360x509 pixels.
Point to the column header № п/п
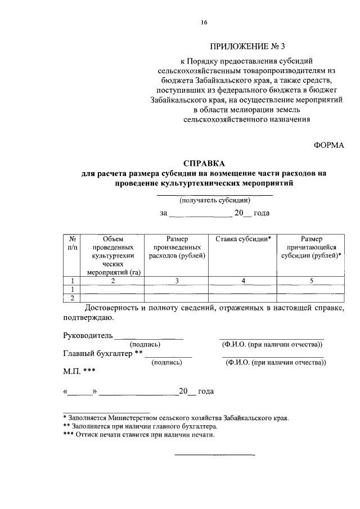click(72, 243)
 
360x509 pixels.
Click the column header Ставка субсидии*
click(243, 239)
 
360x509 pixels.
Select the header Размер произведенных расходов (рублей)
click(177, 247)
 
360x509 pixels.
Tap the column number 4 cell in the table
click(243, 281)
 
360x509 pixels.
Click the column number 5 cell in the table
click(311, 281)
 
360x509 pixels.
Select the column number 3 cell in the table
click(177, 281)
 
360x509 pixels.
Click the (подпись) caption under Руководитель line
click(145, 344)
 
